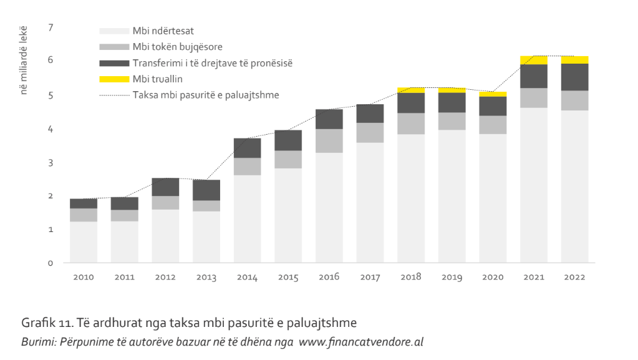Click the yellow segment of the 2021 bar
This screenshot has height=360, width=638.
[533, 60]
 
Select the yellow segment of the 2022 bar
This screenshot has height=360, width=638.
[574, 60]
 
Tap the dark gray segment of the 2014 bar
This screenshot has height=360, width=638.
[247, 148]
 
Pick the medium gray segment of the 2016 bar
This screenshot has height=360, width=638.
[329, 141]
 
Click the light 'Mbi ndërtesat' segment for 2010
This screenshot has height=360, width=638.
[84, 242]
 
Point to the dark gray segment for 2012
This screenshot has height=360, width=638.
[165, 187]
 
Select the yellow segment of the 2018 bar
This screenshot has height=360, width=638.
[410, 90]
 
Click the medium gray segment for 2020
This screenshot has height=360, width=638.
[493, 125]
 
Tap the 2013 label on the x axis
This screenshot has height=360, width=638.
[206, 276]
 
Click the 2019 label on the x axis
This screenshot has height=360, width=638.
[452, 276]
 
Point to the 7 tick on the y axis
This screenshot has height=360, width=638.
[51, 27]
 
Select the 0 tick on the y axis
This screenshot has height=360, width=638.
[51, 263]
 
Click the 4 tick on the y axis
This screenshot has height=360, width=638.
[51, 129]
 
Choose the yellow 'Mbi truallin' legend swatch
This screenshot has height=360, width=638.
[114, 79]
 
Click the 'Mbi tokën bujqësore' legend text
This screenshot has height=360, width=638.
[177, 47]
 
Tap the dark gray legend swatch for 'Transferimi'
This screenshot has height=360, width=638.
[114, 63]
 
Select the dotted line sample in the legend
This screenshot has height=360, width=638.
[114, 95]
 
